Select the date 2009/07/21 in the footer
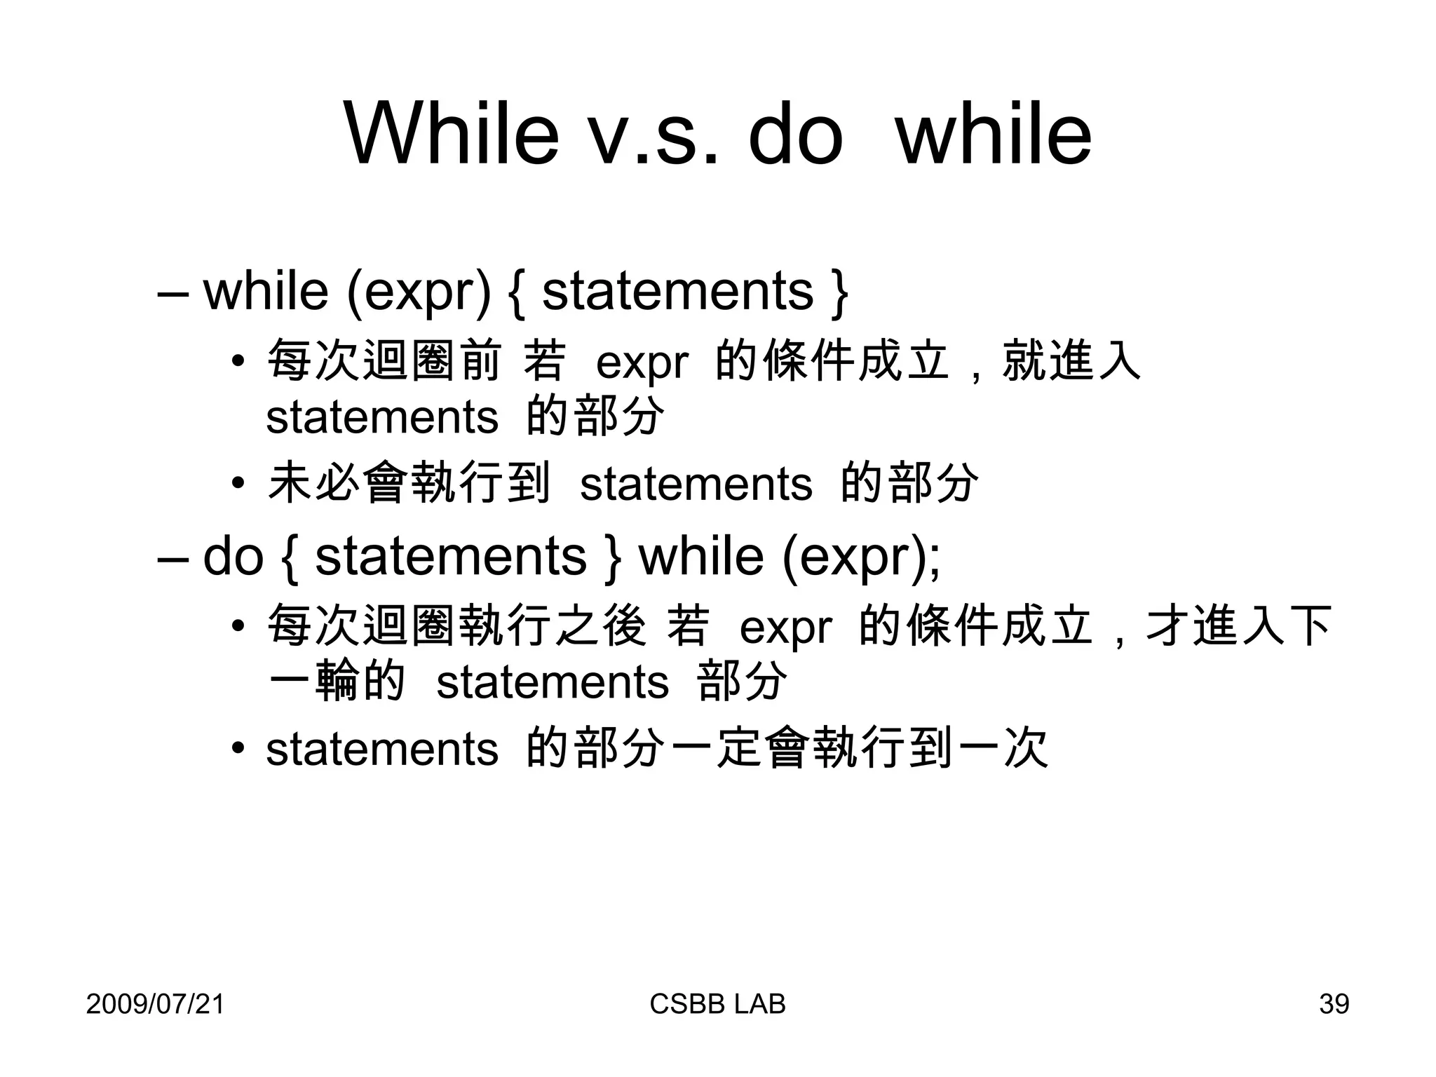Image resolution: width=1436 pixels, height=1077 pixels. (155, 1004)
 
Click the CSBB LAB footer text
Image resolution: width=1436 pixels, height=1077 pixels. (717, 1004)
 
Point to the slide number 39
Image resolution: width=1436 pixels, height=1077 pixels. (1334, 1004)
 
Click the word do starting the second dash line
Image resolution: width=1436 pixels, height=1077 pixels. (232, 556)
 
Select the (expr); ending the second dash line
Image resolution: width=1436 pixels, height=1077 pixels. (861, 557)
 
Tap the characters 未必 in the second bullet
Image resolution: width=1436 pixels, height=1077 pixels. (313, 482)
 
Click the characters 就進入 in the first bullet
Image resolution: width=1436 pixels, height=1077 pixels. (1071, 361)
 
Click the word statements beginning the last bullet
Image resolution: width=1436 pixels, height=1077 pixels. (382, 749)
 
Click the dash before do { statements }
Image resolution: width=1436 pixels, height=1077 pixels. (172, 557)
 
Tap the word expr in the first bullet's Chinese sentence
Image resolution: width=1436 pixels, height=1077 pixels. (642, 363)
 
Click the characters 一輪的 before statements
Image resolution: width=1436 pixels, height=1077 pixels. (337, 681)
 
